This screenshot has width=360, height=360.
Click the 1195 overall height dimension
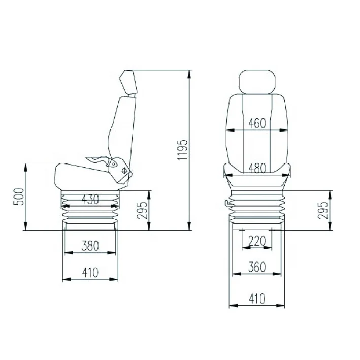(x=183, y=149)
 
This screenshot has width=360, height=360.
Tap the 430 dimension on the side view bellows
(x=90, y=199)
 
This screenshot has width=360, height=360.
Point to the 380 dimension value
(x=90, y=246)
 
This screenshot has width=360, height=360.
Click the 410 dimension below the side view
(x=90, y=273)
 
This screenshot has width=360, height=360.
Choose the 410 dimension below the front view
(x=257, y=299)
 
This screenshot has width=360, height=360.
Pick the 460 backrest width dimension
(x=257, y=123)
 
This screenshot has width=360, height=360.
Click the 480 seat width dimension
(x=257, y=168)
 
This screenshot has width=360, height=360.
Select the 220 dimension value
(x=257, y=241)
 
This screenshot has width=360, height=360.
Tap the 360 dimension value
(x=257, y=267)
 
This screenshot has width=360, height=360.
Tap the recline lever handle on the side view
(x=97, y=158)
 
